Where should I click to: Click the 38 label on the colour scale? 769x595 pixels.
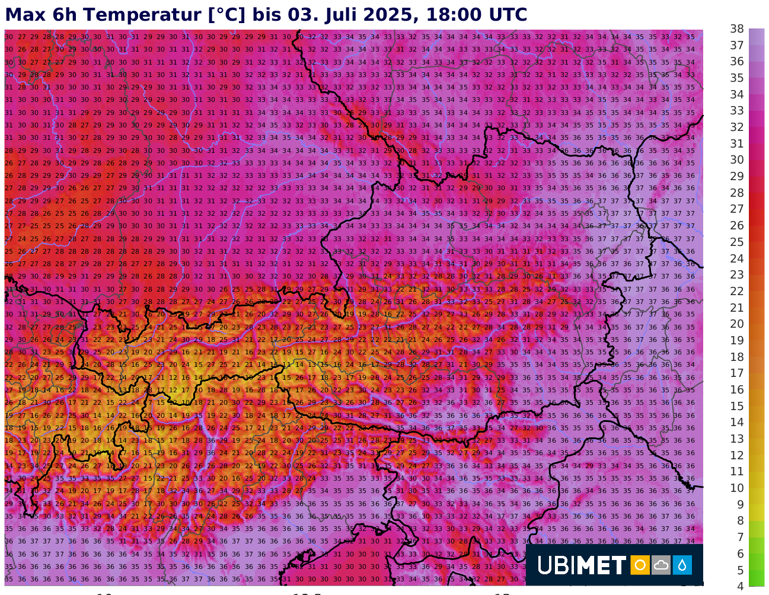[737, 29]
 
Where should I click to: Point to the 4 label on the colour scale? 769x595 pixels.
[740, 586]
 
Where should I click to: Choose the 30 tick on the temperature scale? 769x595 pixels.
[737, 160]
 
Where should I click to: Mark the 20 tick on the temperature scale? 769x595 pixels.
[737, 324]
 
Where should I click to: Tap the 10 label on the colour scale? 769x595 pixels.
[737, 488]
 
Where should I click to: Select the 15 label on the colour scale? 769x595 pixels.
[737, 406]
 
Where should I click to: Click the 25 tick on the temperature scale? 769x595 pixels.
[737, 242]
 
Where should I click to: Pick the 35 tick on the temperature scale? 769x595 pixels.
[737, 78]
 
